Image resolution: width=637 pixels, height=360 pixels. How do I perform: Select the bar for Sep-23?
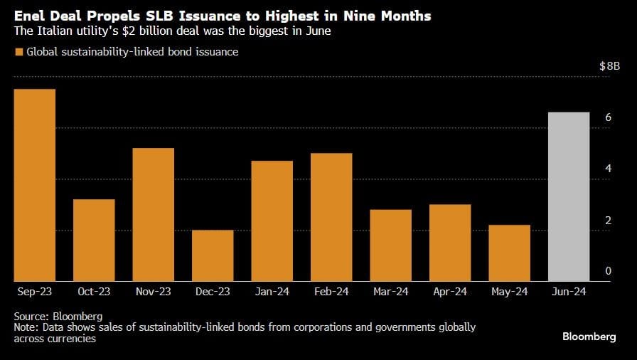coord(35,185)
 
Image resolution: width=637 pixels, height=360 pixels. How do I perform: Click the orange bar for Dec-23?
coord(213,255)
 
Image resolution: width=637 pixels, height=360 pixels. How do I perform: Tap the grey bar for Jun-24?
coord(569,196)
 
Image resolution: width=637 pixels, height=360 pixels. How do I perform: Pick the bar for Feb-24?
coord(331,217)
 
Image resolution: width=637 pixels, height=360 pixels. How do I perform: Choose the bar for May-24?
coord(510,253)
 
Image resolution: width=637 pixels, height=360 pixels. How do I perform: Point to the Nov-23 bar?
coord(154,214)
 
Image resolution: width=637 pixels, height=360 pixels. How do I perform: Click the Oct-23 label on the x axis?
coord(94,292)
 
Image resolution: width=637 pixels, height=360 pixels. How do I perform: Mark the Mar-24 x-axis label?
coord(390,292)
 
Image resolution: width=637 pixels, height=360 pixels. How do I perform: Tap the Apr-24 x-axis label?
coord(450,292)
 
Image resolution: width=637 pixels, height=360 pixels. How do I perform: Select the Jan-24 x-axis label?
coord(272,292)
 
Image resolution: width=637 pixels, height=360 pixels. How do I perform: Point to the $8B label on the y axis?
coord(609,66)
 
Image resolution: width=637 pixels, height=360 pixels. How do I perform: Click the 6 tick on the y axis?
coord(608,117)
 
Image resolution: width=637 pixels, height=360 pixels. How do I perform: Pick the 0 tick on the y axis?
coord(608,271)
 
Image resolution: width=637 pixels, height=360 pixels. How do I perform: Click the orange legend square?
coord(18,52)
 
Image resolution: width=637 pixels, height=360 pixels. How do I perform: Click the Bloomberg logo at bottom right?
coord(589,337)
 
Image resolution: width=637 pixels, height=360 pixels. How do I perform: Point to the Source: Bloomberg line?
coord(58,315)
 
